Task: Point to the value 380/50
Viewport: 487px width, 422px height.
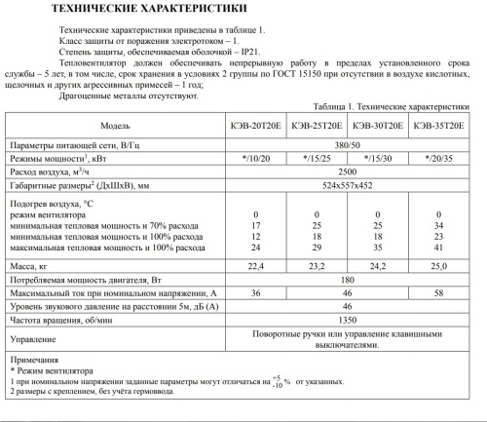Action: coord(349,142)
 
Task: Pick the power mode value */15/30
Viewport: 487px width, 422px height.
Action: coord(379,156)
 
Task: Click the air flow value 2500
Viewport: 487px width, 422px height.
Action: coord(349,170)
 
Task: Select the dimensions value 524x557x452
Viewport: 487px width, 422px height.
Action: coord(349,184)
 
